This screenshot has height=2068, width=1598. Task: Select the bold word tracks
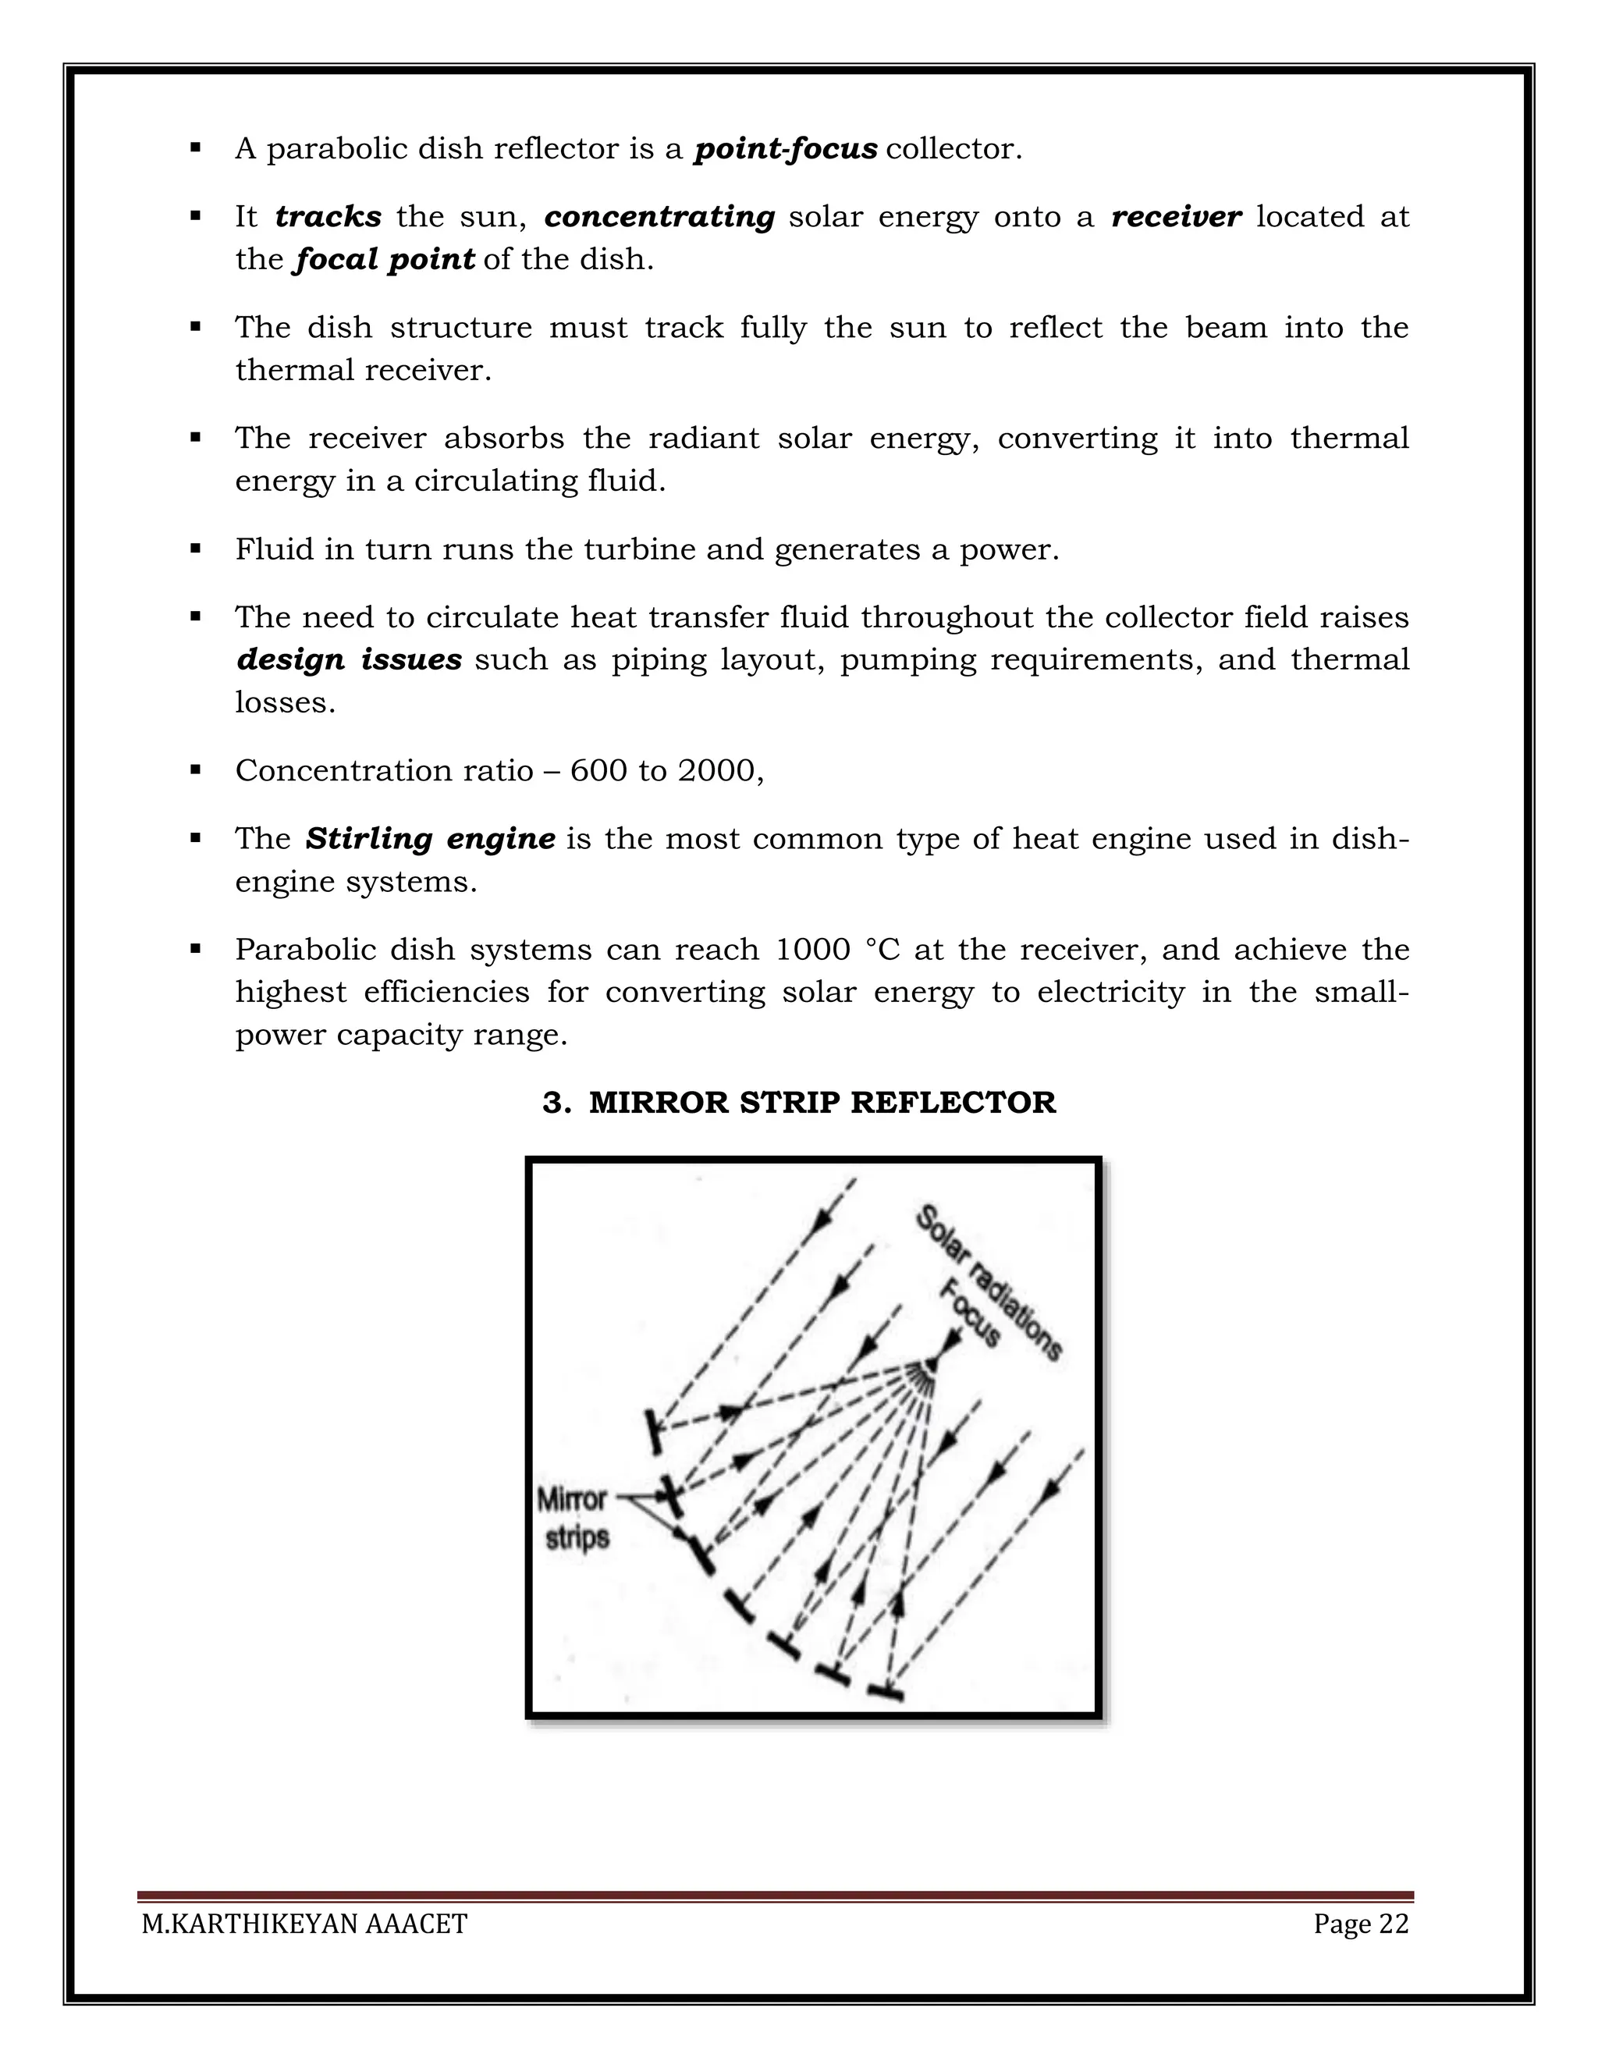328,217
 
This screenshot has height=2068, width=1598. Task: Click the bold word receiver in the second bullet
1176,217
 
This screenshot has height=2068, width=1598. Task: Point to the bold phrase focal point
383,259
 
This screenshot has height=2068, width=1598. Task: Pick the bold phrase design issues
348,660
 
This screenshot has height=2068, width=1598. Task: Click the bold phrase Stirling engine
430,839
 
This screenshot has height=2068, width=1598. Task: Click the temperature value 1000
812,950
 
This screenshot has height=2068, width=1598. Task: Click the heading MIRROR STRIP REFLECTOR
822,1102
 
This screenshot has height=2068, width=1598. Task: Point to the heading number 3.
554,1102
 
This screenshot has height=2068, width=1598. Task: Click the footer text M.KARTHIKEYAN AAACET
304,1924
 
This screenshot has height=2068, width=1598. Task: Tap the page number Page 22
1360,1924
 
